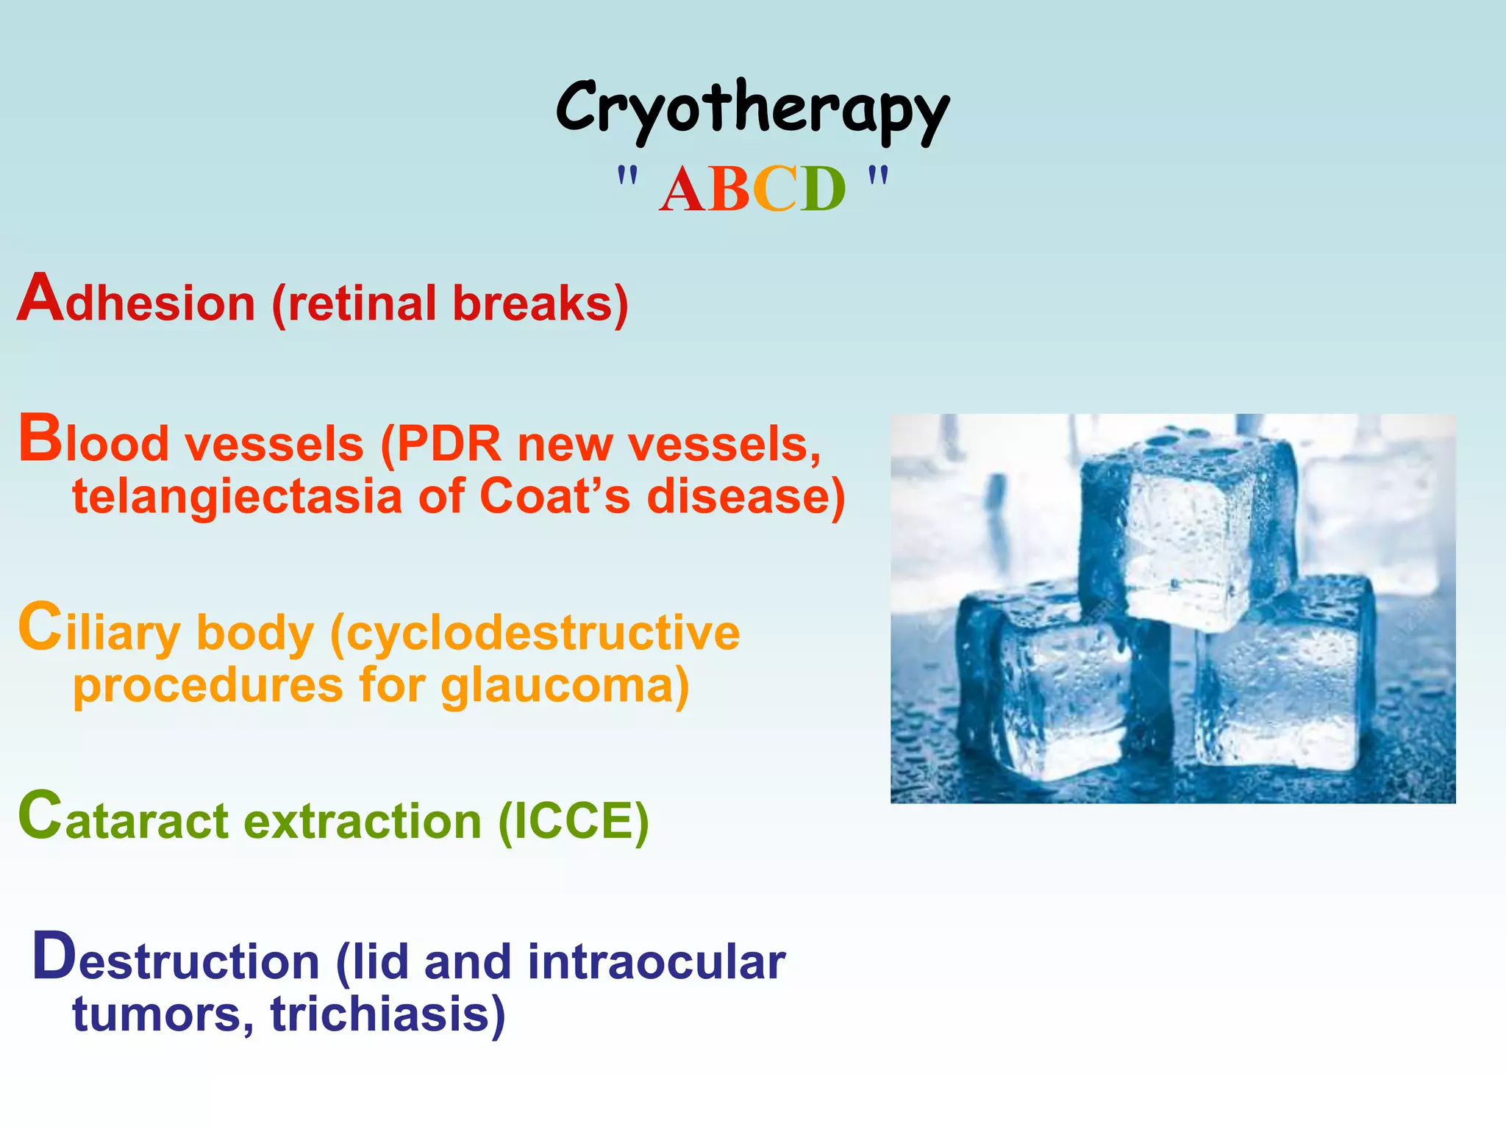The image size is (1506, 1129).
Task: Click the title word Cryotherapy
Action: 752,110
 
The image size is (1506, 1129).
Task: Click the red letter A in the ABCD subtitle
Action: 682,190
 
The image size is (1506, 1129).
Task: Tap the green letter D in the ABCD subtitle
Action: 822,190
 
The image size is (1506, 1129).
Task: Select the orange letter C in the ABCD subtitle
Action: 775,190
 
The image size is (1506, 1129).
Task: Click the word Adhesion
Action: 137,301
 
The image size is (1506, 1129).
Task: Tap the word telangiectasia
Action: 237,496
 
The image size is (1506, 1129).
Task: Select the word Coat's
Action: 554,496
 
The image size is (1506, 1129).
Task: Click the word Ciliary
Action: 99,631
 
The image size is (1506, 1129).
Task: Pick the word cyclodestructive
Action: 535,634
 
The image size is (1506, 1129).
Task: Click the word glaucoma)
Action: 565,685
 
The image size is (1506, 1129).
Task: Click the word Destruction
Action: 176,959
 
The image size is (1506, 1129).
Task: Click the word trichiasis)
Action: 388,1014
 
